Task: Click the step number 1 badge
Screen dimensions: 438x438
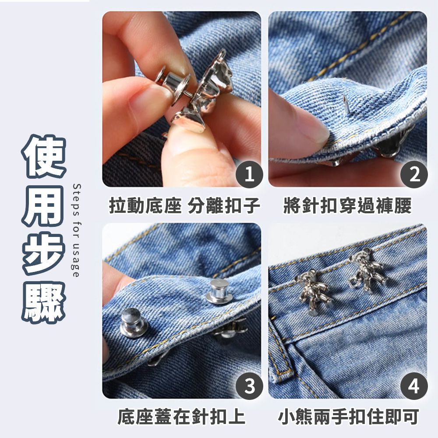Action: [249, 175]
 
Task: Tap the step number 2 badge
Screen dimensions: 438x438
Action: [414, 175]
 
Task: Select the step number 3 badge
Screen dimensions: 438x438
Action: [249, 386]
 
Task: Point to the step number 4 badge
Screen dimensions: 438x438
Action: [414, 386]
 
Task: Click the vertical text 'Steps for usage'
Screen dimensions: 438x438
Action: [76, 230]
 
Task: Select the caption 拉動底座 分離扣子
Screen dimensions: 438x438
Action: [184, 205]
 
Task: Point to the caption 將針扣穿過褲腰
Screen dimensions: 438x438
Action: [347, 205]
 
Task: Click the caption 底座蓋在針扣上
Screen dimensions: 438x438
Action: [181, 417]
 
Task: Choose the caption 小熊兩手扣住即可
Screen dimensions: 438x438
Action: [348, 417]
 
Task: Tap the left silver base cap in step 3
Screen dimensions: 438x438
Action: [134, 323]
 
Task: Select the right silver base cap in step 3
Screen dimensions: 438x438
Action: [219, 291]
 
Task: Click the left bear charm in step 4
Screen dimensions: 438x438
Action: [314, 292]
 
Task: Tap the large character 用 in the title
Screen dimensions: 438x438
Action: [44, 206]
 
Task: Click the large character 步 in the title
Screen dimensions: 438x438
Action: [44, 254]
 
